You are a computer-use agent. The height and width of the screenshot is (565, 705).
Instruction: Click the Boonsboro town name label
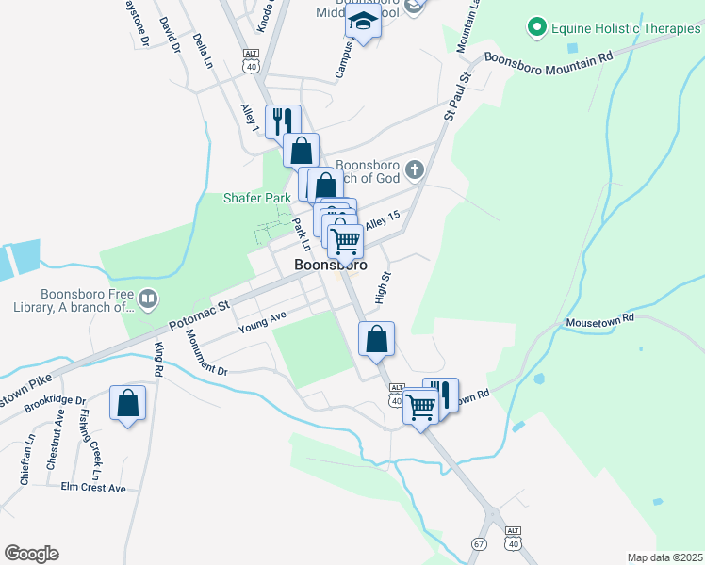pyautogui.click(x=330, y=266)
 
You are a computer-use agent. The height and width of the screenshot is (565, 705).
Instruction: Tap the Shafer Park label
pyautogui.click(x=256, y=199)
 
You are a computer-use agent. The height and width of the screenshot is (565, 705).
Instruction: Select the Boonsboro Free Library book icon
pyautogui.click(x=147, y=299)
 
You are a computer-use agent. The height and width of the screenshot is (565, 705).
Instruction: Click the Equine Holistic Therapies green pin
pyautogui.click(x=538, y=28)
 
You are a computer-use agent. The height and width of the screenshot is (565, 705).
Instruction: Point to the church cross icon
pyautogui.click(x=415, y=170)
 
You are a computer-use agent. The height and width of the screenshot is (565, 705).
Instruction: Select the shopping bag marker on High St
pyautogui.click(x=376, y=338)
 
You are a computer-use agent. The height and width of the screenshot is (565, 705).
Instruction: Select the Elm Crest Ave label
pyautogui.click(x=92, y=489)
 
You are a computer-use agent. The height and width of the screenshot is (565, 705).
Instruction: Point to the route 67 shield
pyautogui.click(x=480, y=545)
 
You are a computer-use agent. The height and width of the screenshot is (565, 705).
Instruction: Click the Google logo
pyautogui.click(x=31, y=554)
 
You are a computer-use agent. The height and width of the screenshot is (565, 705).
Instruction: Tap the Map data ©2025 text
pyautogui.click(x=664, y=557)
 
